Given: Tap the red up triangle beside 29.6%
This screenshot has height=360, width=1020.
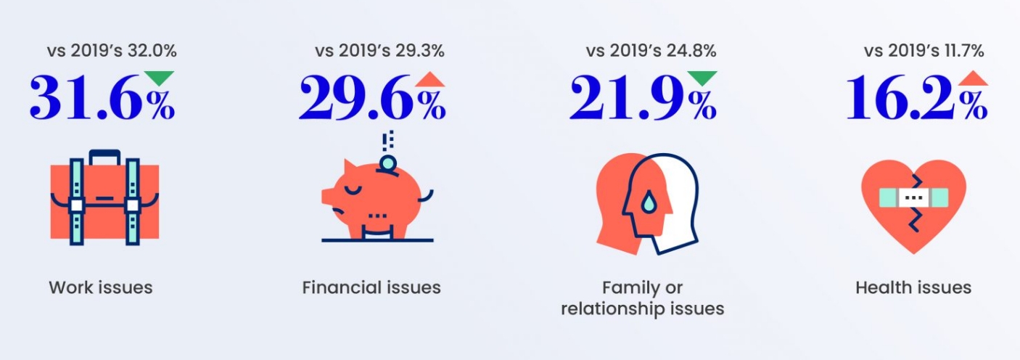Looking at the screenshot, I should [x=429, y=79].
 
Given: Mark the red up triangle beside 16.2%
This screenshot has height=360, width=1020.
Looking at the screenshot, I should [x=973, y=79].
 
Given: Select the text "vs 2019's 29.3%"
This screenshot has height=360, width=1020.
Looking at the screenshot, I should [x=379, y=51].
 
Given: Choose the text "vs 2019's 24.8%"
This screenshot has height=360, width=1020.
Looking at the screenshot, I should [x=651, y=51].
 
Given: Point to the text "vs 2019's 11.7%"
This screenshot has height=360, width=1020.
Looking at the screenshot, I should [x=924, y=51].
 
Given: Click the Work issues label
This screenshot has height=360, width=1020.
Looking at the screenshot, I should [x=101, y=287].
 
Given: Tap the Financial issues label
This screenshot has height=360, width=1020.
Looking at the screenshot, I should [x=371, y=287].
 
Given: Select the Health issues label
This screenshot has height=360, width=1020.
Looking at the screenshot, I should [x=913, y=287].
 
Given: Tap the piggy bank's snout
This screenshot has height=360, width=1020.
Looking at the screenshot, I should [x=329, y=195].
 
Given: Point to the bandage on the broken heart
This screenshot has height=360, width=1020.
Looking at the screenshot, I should [x=913, y=197].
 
